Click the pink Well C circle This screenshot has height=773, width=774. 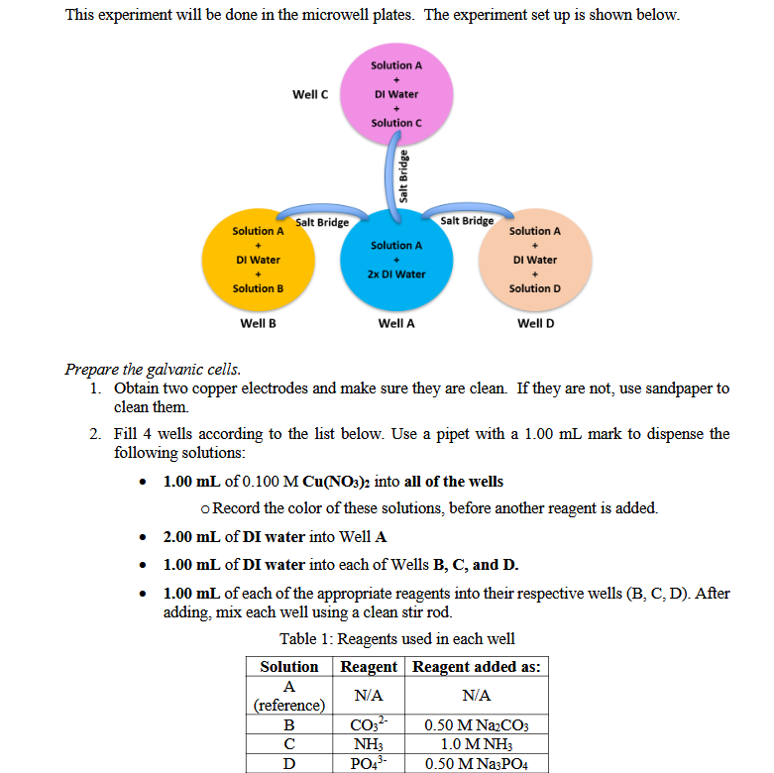point(395,94)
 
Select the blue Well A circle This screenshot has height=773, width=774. point(395,260)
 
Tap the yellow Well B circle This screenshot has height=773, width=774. point(258,260)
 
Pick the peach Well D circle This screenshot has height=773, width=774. point(534,260)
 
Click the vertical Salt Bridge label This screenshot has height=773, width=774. point(404,174)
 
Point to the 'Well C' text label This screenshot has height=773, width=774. point(310,94)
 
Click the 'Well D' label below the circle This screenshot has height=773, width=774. point(535,323)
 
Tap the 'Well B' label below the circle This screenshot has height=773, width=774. point(258,323)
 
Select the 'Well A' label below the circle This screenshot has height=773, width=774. point(396,323)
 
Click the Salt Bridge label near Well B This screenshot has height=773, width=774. point(322,222)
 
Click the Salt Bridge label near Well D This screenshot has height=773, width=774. point(467,220)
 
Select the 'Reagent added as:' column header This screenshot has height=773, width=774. point(477,667)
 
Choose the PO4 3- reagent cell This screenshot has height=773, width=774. point(370,763)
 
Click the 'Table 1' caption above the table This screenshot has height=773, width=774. point(396,639)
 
